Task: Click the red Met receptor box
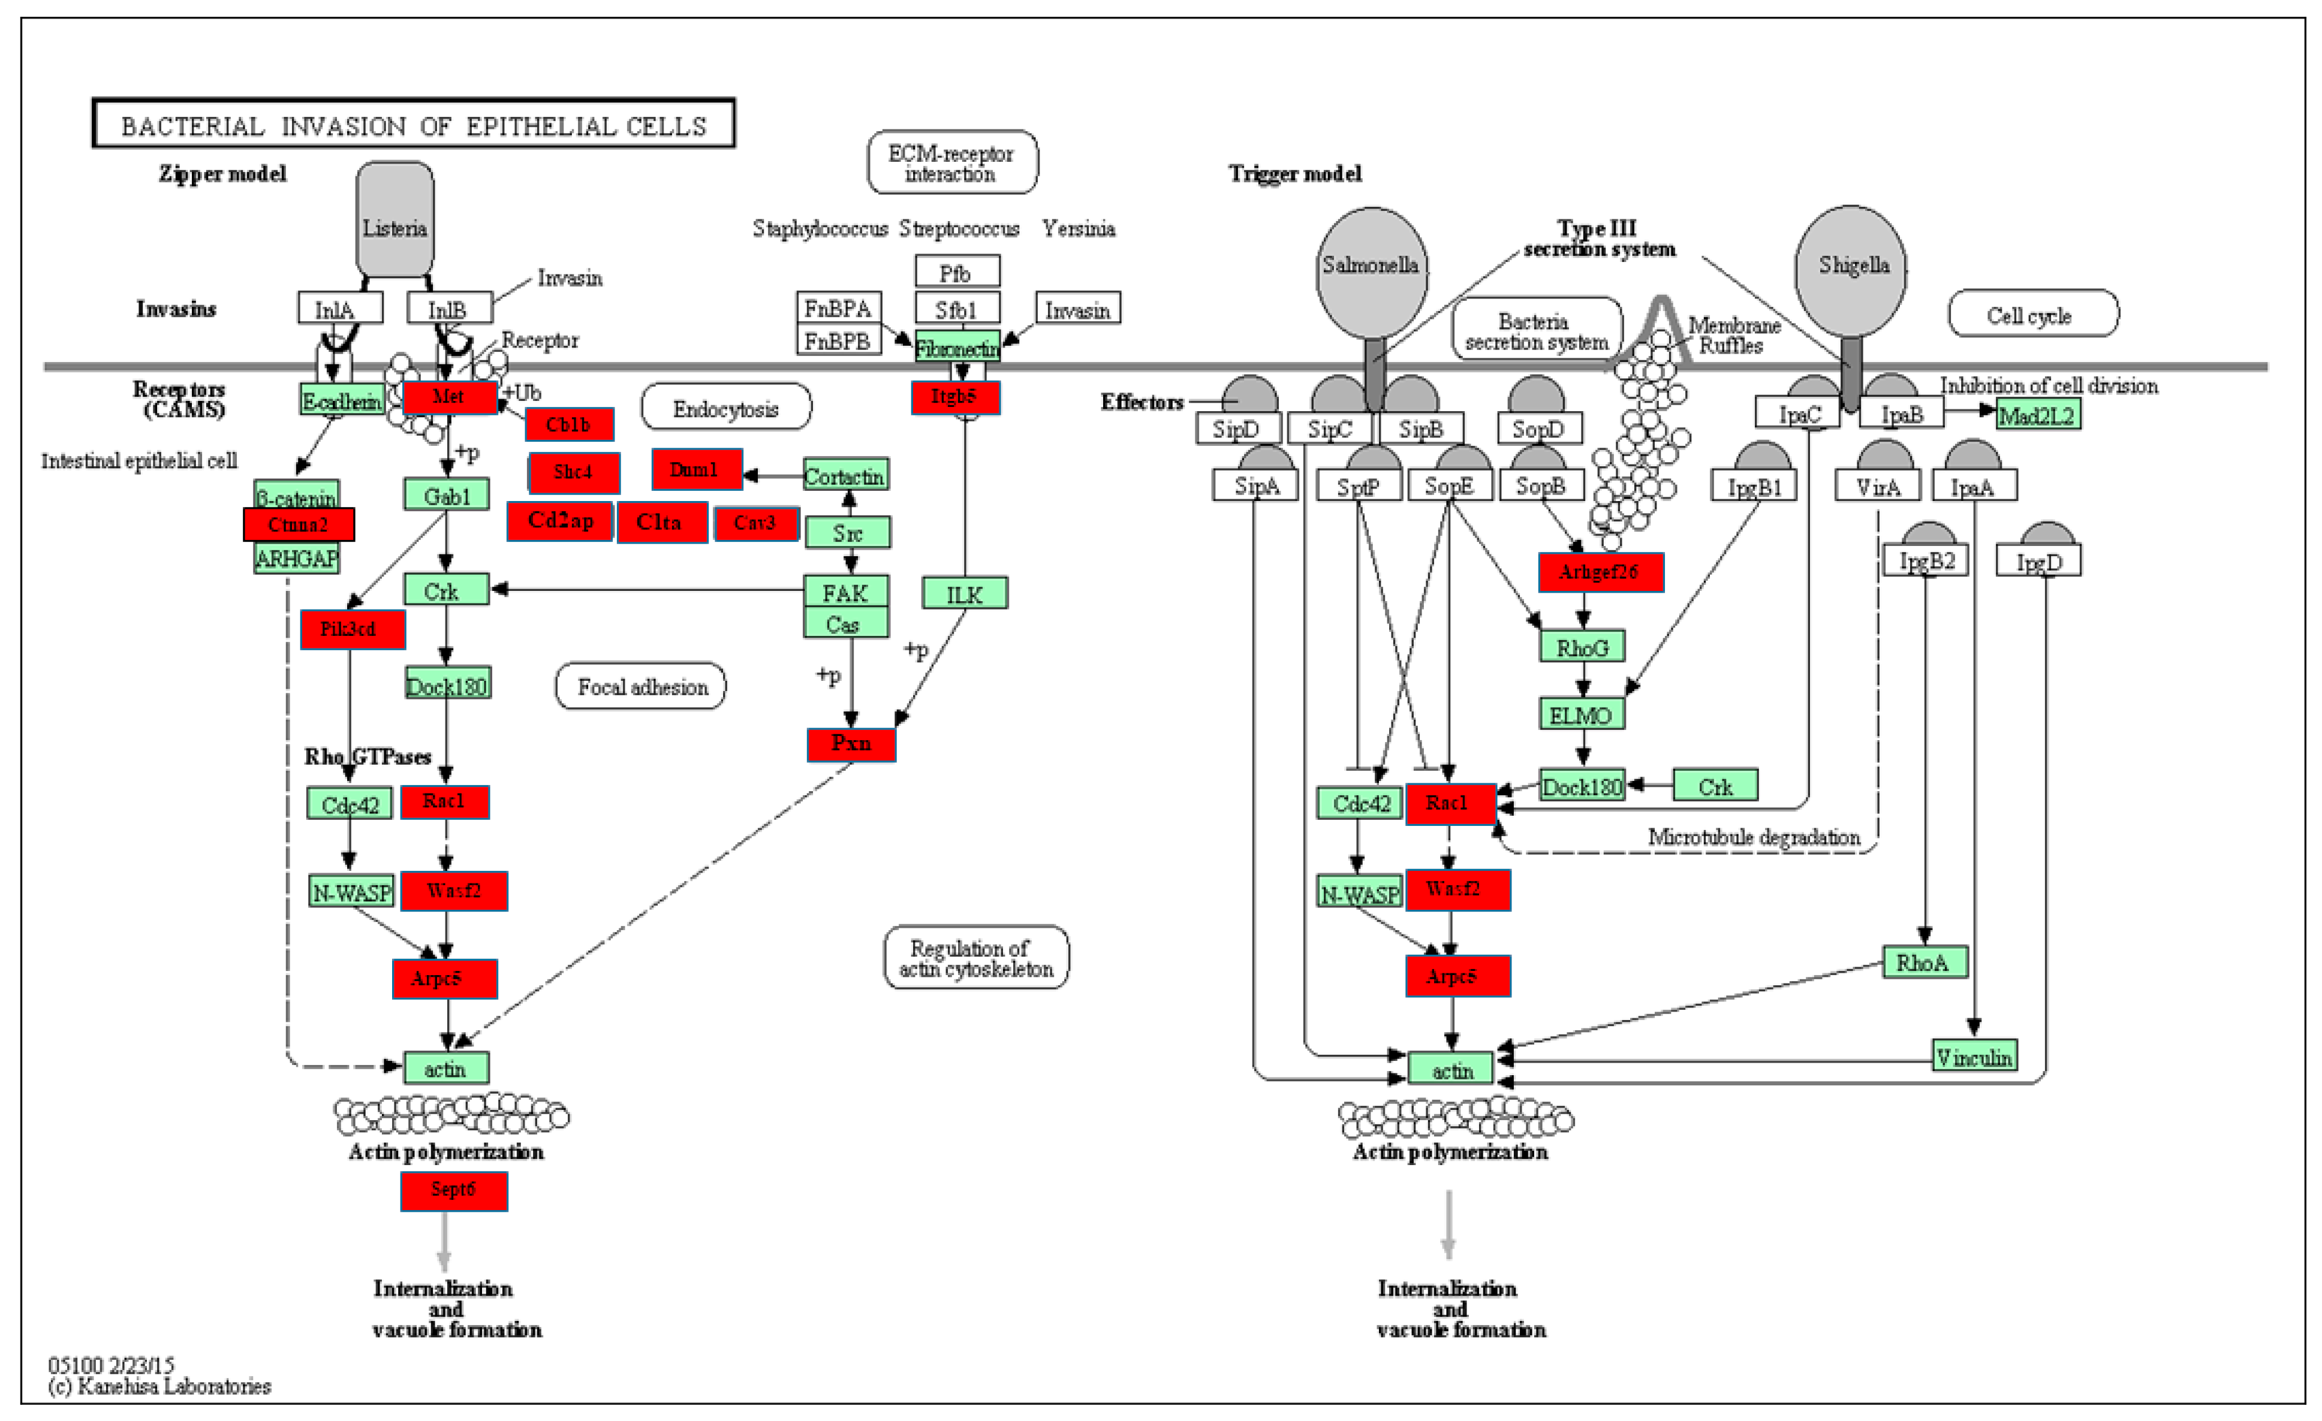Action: point(450,397)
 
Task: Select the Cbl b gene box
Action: point(569,424)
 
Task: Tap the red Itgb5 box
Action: point(954,397)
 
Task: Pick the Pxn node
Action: point(851,744)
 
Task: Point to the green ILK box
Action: point(964,594)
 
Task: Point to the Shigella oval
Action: point(1853,270)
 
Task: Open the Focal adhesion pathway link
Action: point(641,686)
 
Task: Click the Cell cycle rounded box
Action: point(2032,315)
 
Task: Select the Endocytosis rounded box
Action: point(725,408)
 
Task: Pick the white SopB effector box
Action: point(1540,486)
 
